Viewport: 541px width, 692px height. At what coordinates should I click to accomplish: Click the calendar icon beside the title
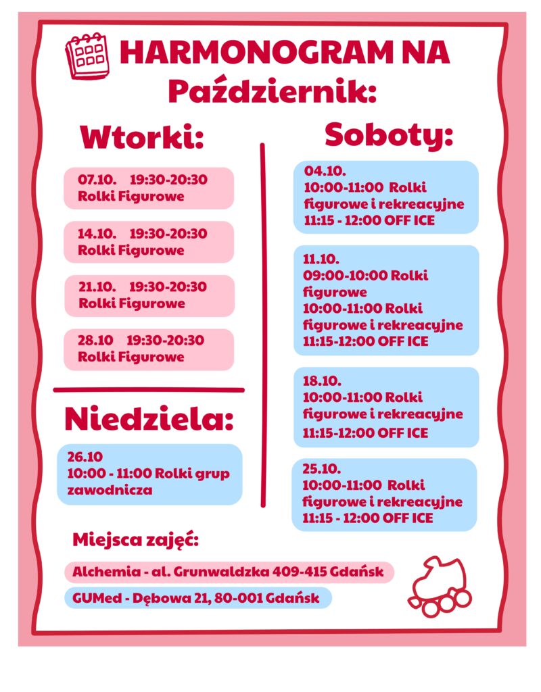[87, 55]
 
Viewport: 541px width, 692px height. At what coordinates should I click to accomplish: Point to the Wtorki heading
[142, 138]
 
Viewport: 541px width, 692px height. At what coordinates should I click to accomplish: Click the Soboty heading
[388, 134]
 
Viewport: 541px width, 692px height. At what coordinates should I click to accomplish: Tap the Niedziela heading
[149, 419]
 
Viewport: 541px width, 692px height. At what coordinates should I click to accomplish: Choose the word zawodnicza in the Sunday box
[110, 490]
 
